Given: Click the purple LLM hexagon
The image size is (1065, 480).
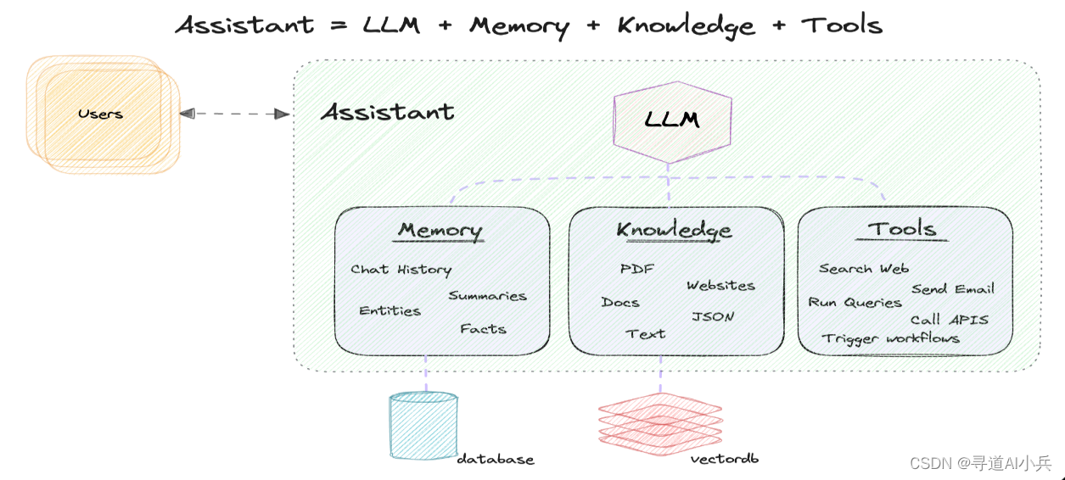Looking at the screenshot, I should point(672,120).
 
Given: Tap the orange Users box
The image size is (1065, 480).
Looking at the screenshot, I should point(101,114).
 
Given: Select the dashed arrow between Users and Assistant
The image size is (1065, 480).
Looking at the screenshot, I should point(234,114).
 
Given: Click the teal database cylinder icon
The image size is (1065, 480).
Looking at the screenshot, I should point(423,425).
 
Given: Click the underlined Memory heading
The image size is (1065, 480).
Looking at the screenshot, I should point(440,230).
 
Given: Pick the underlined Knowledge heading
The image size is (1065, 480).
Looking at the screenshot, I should point(674,230).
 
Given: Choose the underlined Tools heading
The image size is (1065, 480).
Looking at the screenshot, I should point(901,229).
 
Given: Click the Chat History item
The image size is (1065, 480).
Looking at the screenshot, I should point(401,270).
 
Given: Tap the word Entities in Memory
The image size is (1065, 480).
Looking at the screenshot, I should point(390,311).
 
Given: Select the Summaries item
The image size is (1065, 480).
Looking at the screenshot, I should point(487,296).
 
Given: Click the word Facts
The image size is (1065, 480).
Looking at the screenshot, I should point(483,329).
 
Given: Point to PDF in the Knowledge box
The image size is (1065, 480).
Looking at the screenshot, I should point(637,269).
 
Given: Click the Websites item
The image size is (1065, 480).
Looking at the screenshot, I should point(720,286).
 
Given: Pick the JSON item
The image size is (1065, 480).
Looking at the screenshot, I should point(713,316).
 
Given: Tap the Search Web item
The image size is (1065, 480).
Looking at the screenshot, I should point(863,269).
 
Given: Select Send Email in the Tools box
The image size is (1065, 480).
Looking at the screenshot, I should point(952,289).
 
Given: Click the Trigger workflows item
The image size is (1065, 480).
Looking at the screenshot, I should point(890,338).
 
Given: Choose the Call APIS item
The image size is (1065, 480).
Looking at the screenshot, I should point(949,320).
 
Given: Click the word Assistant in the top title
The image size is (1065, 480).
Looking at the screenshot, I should point(244,25).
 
